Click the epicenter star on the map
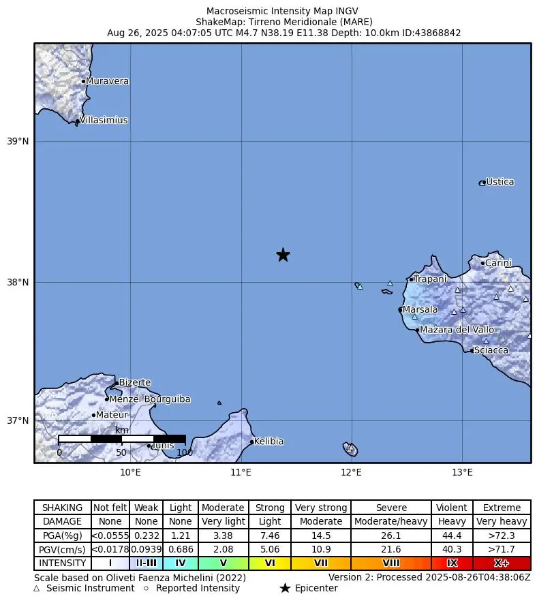283,255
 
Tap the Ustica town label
500,182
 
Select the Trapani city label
430,279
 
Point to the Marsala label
420,310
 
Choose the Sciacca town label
491,350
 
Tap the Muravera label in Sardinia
107,81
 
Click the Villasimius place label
104,121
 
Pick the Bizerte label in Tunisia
135,383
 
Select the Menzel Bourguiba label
150,399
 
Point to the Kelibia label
268,441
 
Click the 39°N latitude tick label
18,142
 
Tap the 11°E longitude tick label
241,471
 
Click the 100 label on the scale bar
185,452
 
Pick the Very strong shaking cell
321,508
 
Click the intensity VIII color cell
391,563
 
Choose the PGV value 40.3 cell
452,549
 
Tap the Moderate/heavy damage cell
391,522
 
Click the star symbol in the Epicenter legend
285,588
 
